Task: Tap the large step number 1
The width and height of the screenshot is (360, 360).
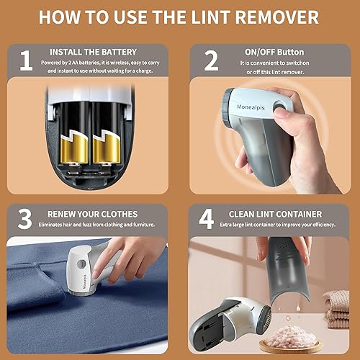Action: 26,60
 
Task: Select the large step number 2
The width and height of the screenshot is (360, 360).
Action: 210,60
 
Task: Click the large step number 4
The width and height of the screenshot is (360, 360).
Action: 207,219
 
